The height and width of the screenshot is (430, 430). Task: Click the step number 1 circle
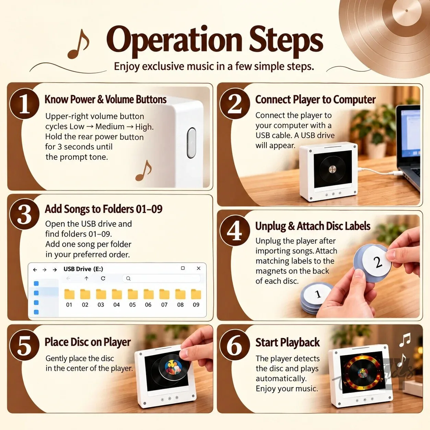[x=24, y=103]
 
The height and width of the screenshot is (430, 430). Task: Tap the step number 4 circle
[x=235, y=230]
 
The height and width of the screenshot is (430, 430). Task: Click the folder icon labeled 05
[x=133, y=294]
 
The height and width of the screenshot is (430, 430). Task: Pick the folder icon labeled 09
[x=196, y=294]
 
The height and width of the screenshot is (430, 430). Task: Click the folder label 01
[x=69, y=305]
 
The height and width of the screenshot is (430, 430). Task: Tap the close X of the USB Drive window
[x=199, y=268]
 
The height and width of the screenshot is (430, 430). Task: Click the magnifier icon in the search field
[x=128, y=278]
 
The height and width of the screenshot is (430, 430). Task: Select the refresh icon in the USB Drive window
[x=103, y=278]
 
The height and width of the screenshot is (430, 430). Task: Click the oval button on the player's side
[x=191, y=143]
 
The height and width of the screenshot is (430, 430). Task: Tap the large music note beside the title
[x=79, y=44]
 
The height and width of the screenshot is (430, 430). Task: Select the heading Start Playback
[x=288, y=343]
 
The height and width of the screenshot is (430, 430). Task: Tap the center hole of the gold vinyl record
[x=407, y=11]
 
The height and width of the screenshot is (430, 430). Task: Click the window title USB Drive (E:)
[x=83, y=269]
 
